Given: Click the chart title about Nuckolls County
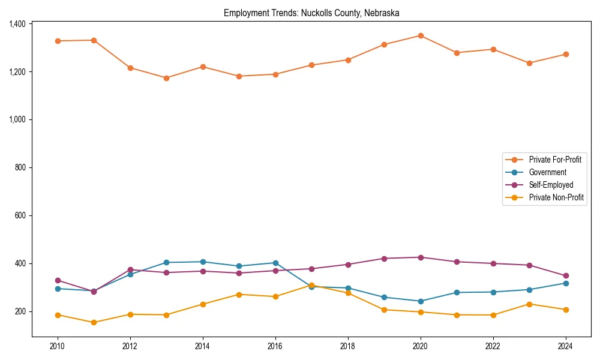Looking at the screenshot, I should [311, 13].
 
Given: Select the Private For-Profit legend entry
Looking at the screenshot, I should [555, 160].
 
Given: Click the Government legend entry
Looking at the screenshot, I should [547, 172].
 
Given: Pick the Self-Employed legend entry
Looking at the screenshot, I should [551, 185].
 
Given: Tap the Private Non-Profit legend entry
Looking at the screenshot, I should [556, 197].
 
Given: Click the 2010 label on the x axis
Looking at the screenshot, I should [58, 346].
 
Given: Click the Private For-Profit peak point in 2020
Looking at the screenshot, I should [421, 36].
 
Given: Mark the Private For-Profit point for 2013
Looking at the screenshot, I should [166, 78].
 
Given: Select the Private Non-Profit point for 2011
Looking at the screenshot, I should [94, 322].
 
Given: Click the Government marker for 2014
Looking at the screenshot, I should [203, 262].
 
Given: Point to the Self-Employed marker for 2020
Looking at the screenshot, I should [421, 257].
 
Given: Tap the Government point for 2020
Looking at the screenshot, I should [421, 301].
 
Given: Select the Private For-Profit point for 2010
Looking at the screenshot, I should [58, 41].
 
